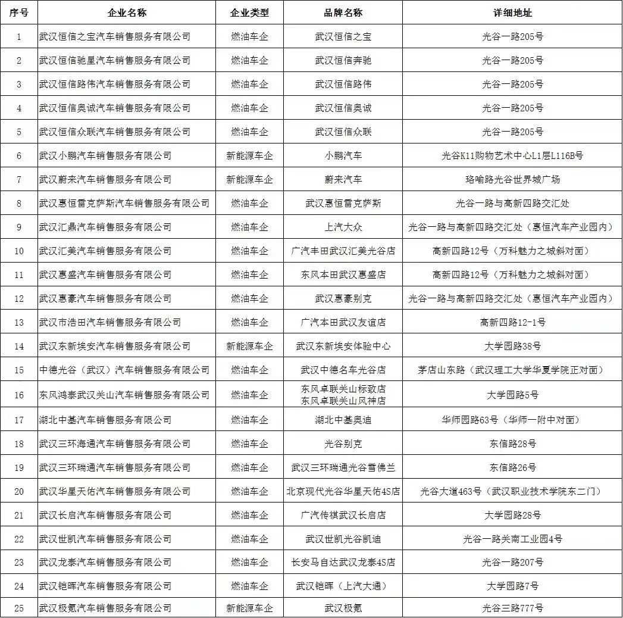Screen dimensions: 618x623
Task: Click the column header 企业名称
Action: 127,13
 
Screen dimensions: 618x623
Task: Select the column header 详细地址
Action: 512,13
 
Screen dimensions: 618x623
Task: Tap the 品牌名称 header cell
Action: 343,13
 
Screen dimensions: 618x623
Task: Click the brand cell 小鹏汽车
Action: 343,155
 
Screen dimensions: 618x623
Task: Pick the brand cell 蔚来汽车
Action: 343,179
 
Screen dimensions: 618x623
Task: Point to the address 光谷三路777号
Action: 512,608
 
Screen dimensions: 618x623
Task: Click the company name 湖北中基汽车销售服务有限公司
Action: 105,420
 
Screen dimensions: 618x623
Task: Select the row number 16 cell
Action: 19,395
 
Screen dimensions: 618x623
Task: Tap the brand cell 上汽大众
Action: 343,227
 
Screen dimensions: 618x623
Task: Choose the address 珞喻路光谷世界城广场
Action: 512,179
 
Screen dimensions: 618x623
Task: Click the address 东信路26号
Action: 512,467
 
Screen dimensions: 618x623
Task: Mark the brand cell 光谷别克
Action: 343,444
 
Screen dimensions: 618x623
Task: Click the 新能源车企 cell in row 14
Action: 249,346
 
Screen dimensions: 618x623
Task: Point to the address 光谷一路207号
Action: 512,562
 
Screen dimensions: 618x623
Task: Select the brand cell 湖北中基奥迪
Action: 343,420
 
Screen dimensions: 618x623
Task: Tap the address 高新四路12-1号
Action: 512,322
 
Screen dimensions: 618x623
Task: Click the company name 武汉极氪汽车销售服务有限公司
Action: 105,608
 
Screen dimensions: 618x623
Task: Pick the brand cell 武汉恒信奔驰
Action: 343,60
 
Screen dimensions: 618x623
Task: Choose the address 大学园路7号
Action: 512,586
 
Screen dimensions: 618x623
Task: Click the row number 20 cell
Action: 19,491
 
